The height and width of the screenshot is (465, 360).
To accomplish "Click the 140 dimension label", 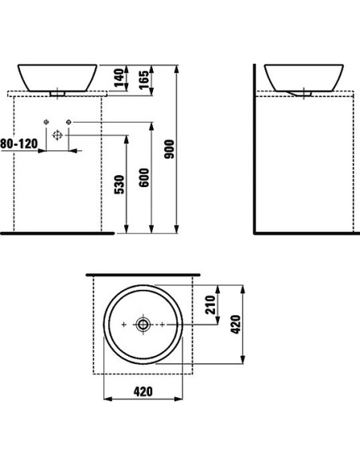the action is click(119, 78).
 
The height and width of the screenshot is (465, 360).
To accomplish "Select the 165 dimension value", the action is click(144, 80).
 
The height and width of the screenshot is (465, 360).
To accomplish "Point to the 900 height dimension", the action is click(170, 149).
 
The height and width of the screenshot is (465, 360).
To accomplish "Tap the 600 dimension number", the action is click(144, 178).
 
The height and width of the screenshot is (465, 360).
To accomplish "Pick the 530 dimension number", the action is click(119, 185).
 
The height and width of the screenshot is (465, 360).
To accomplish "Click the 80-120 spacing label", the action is click(19, 144).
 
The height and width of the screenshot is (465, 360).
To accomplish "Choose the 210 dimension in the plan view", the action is click(210, 305).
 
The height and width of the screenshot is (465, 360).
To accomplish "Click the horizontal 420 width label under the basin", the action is click(143, 392).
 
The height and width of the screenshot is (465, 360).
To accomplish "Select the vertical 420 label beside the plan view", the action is click(236, 324).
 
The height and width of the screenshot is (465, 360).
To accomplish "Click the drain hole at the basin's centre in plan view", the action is click(143, 324).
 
